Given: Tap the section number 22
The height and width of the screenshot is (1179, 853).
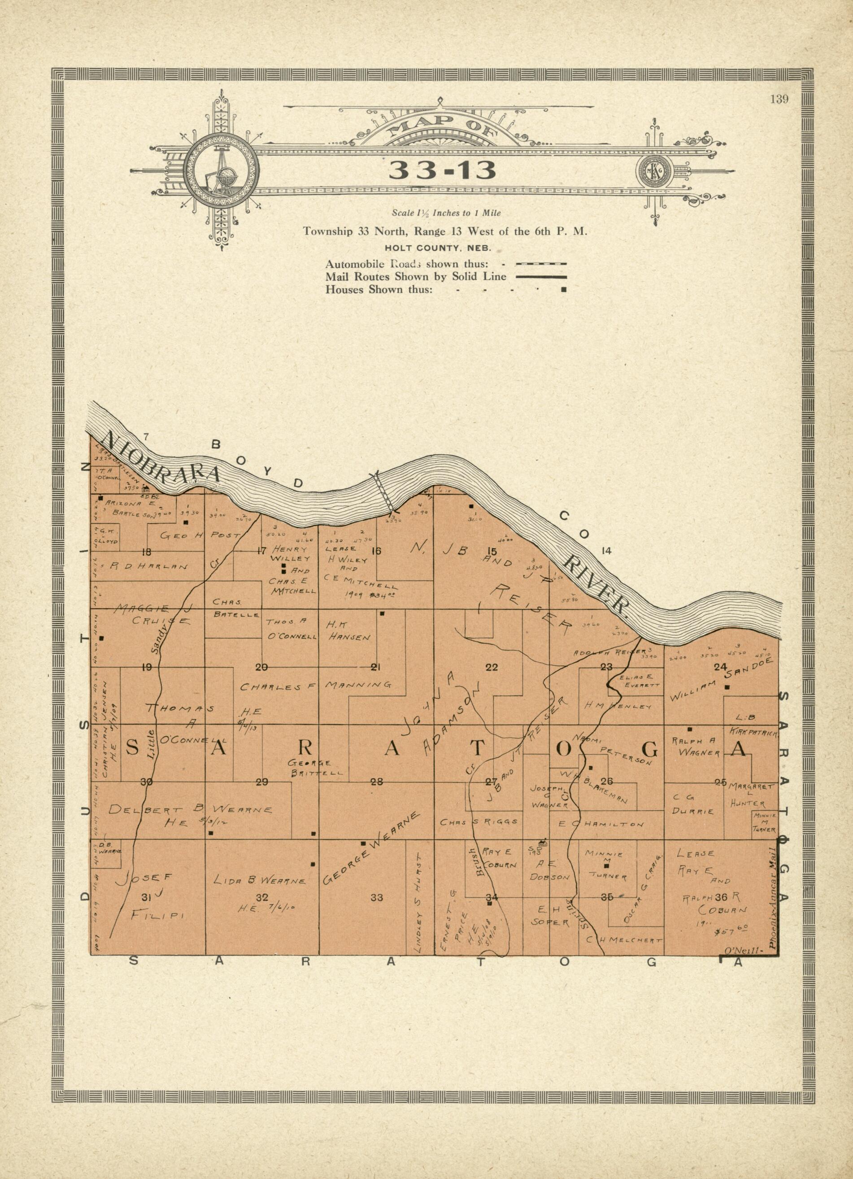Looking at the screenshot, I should point(491,668).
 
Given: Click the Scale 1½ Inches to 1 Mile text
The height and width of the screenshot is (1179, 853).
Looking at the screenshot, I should point(446,213).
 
